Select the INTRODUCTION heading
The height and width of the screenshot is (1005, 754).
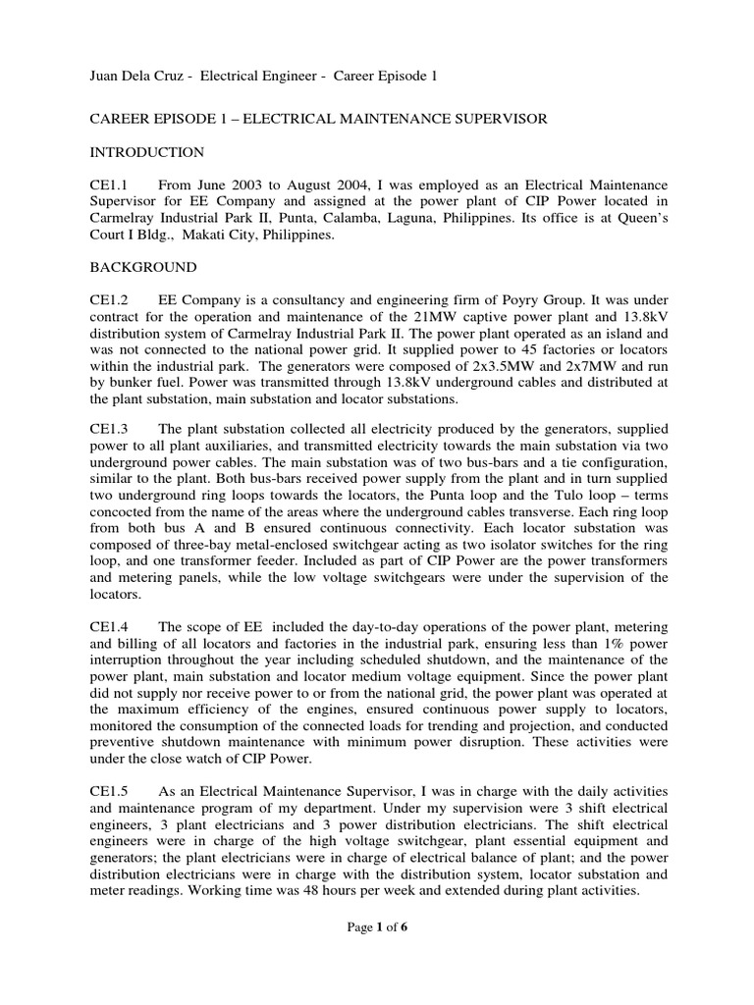coord(147,152)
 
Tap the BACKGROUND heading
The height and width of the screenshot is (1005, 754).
coord(143,267)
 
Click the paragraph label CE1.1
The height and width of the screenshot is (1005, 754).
coord(109,185)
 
